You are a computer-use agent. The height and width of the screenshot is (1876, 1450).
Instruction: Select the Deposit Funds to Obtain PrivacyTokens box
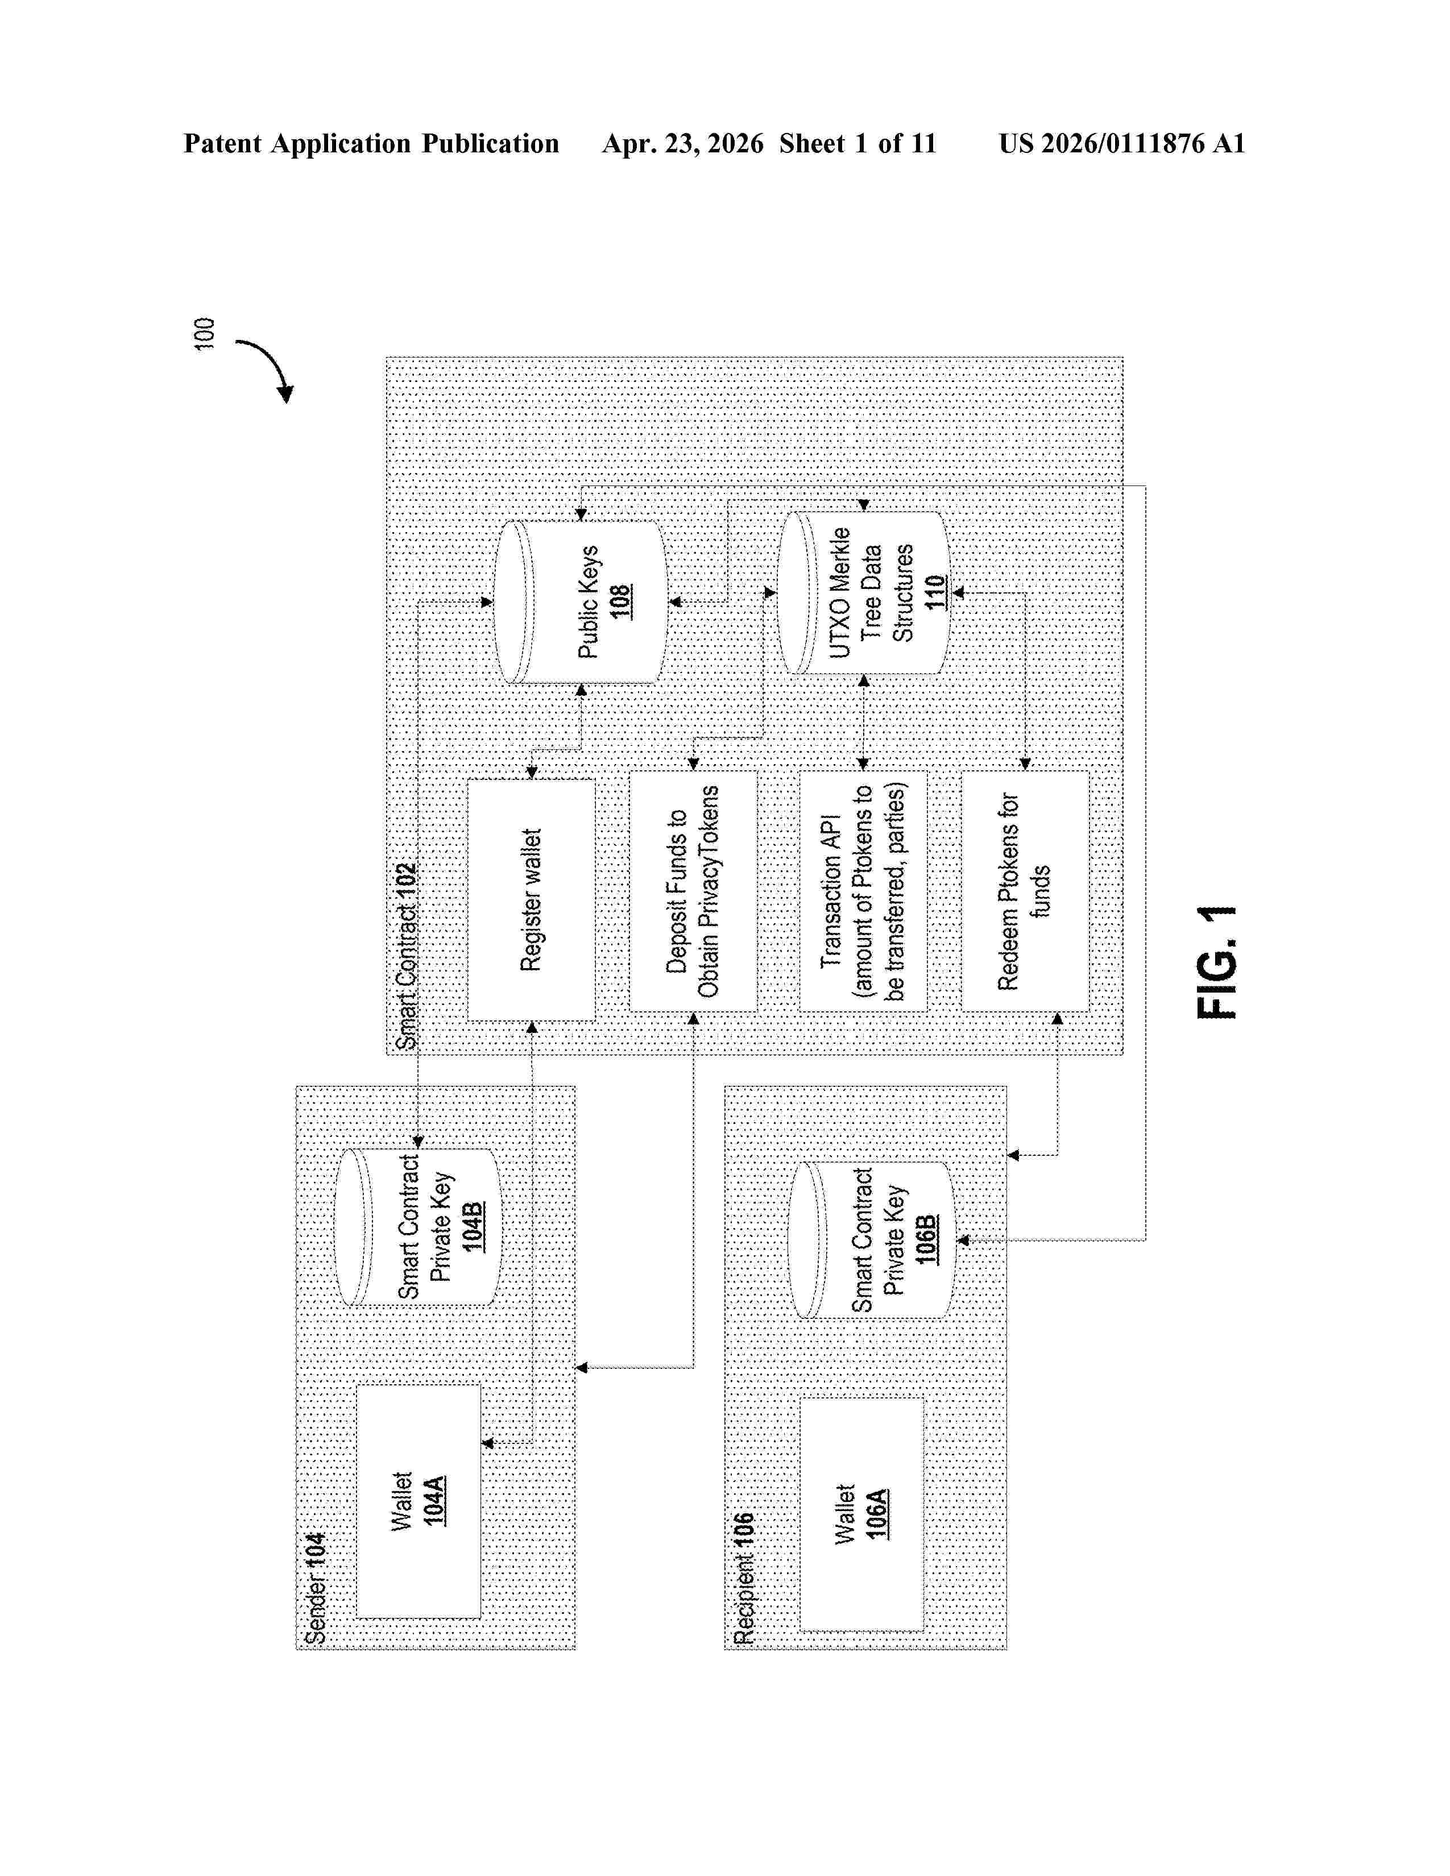693,891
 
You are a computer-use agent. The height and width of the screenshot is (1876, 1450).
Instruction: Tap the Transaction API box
863,891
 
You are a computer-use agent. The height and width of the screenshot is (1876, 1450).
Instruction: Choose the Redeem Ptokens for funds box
1025,891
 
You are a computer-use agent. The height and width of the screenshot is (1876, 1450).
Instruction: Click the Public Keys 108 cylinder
581,602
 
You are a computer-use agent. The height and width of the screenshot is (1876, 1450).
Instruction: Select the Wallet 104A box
419,1501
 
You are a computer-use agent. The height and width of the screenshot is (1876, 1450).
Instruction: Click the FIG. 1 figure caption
1217,961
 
